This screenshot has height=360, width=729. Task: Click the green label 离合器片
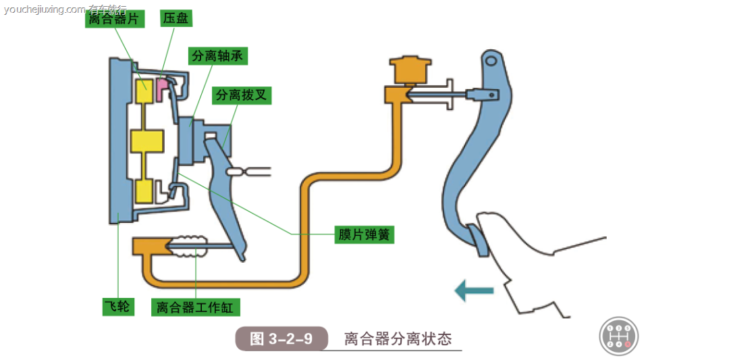pos(114,18)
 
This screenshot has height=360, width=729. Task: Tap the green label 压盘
pos(175,18)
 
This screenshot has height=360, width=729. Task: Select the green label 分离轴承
pos(217,56)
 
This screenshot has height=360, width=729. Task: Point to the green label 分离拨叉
pos(241,95)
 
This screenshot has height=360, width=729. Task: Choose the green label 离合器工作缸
pos(195,307)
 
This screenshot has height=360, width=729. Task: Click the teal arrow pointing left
pos(474,291)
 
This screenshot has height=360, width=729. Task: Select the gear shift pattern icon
pos(618,336)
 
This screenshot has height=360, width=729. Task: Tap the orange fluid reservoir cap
pos(410,68)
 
